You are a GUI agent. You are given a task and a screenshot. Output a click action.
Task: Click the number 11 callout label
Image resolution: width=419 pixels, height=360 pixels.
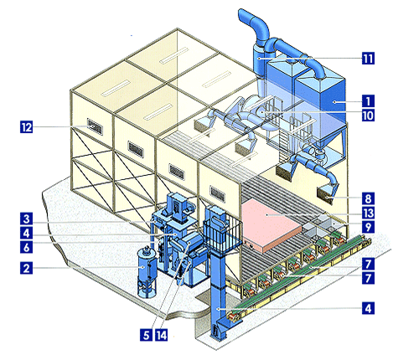[368, 59]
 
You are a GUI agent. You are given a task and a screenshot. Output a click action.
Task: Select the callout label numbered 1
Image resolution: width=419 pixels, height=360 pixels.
[368, 101]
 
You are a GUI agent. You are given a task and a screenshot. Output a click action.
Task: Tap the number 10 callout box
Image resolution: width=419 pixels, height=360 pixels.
[368, 115]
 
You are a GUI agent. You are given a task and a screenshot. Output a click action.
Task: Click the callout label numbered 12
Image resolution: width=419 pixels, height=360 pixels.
[26, 127]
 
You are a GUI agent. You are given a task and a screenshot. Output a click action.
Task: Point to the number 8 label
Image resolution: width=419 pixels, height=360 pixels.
[368, 198]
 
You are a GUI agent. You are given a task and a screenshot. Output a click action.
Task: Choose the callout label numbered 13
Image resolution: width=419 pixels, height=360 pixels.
[368, 213]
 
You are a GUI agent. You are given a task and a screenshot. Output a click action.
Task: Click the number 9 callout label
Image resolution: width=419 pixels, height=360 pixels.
[368, 227]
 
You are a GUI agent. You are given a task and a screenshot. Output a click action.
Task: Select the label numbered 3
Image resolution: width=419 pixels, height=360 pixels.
[26, 219]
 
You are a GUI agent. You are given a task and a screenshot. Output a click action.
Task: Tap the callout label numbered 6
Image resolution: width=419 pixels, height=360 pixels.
[26, 247]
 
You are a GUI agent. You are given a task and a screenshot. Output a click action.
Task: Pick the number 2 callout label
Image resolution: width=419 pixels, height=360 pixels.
[26, 268]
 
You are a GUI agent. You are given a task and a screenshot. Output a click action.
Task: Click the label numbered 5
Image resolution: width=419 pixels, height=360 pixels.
[146, 335]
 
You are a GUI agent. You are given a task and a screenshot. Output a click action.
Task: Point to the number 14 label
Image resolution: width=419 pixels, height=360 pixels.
[162, 335]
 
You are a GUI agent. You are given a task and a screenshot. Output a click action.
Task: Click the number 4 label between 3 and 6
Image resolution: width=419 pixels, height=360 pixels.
[26, 233]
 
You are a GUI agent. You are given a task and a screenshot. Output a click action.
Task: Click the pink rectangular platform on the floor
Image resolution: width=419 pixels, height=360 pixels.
[270, 226]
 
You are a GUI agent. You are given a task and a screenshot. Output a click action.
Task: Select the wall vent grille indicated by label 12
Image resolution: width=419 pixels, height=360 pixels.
[95, 126]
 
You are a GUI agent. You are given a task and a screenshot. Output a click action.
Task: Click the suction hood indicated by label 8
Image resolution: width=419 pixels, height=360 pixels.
[325, 194]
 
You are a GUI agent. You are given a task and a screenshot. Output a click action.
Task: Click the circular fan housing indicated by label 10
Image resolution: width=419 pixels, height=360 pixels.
[261, 111]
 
